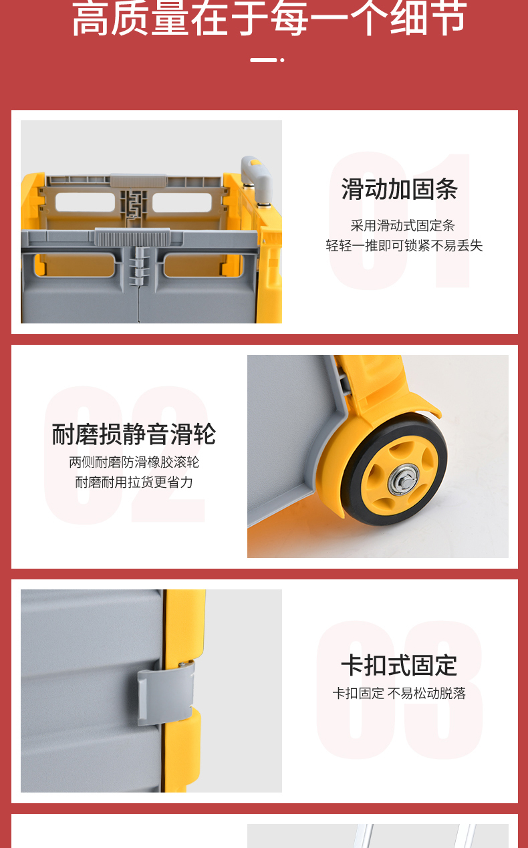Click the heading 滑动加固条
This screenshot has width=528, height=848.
[x=400, y=189]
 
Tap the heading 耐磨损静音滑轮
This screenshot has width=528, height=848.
[x=134, y=434]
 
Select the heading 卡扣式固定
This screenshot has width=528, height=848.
[x=399, y=665]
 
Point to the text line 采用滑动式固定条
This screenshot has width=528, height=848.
[x=402, y=226]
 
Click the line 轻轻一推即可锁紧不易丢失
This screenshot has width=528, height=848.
[x=404, y=246]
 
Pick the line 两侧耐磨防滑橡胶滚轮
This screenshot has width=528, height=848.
[x=134, y=462]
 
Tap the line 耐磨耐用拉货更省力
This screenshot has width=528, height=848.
[x=134, y=482]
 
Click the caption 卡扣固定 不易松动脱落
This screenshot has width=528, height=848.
[x=399, y=694]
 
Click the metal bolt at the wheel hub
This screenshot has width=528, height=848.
[x=405, y=480]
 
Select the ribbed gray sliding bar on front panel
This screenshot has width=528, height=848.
[x=132, y=237]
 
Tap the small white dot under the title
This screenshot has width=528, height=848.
[x=282, y=60]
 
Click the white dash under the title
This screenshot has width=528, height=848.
[x=263, y=60]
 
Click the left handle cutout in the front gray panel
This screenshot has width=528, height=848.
[x=75, y=265]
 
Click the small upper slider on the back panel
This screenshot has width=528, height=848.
[x=138, y=180]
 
